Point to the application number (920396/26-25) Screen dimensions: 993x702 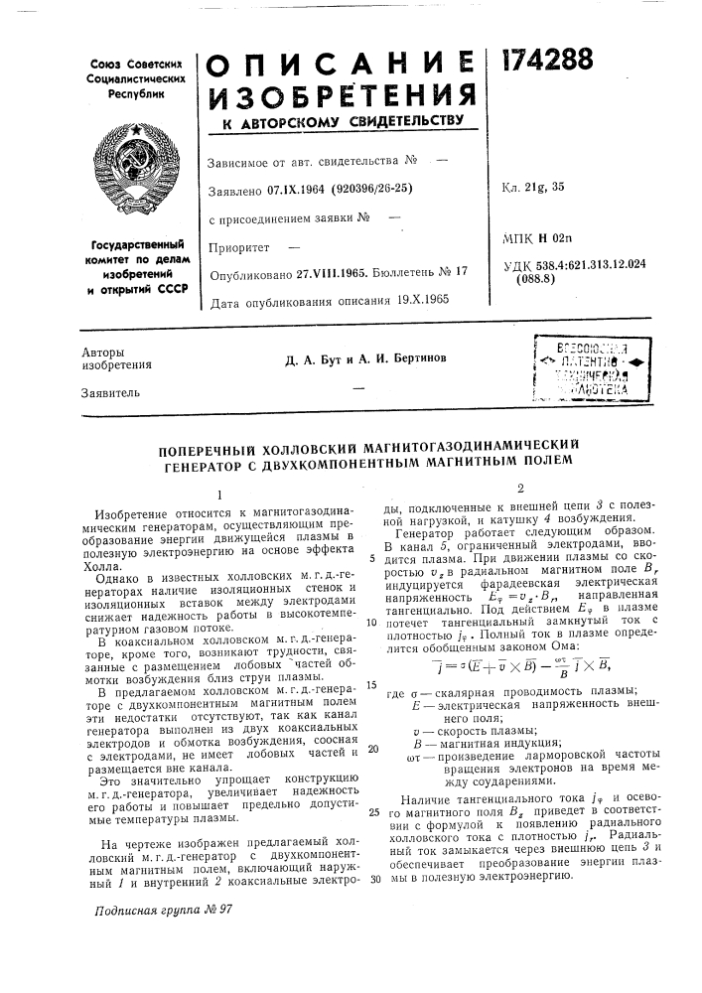(375, 188)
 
